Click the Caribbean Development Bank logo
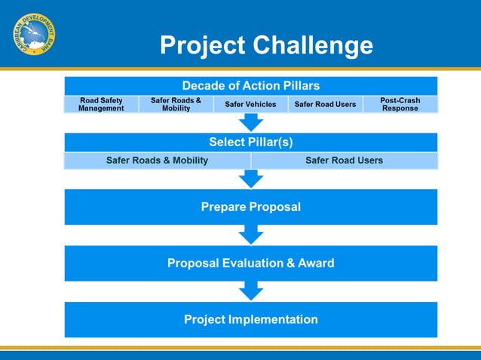pyautogui.click(x=34, y=35)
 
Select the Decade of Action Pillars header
pyautogui.click(x=250, y=86)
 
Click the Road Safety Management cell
pyautogui.click(x=101, y=104)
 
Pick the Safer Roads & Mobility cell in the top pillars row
pyautogui.click(x=176, y=104)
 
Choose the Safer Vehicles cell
pyautogui.click(x=250, y=104)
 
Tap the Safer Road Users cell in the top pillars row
pyautogui.click(x=325, y=104)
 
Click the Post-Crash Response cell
pyautogui.click(x=400, y=104)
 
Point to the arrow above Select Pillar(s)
pyautogui.click(x=250, y=122)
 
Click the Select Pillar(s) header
pyautogui.click(x=250, y=142)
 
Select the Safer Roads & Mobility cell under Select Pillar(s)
pyautogui.click(x=157, y=160)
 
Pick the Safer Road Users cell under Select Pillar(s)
pyautogui.click(x=344, y=160)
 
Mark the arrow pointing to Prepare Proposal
pyautogui.click(x=250, y=178)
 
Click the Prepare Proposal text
pyautogui.click(x=250, y=206)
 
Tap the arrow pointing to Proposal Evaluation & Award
pyautogui.click(x=250, y=235)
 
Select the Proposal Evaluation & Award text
pyautogui.click(x=250, y=263)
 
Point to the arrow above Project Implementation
pyautogui.click(x=250, y=291)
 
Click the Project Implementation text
pyautogui.click(x=250, y=319)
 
